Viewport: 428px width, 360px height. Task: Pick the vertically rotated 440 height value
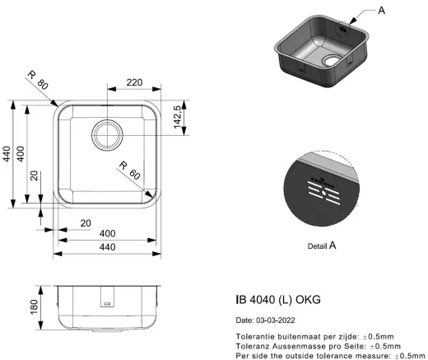pos(7,154)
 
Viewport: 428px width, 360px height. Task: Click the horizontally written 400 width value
pos(107,233)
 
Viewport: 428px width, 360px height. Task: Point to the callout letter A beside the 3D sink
pos(380,11)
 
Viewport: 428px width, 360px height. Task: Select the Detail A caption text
pos(321,245)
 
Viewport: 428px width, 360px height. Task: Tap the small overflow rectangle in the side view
pos(106,303)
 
